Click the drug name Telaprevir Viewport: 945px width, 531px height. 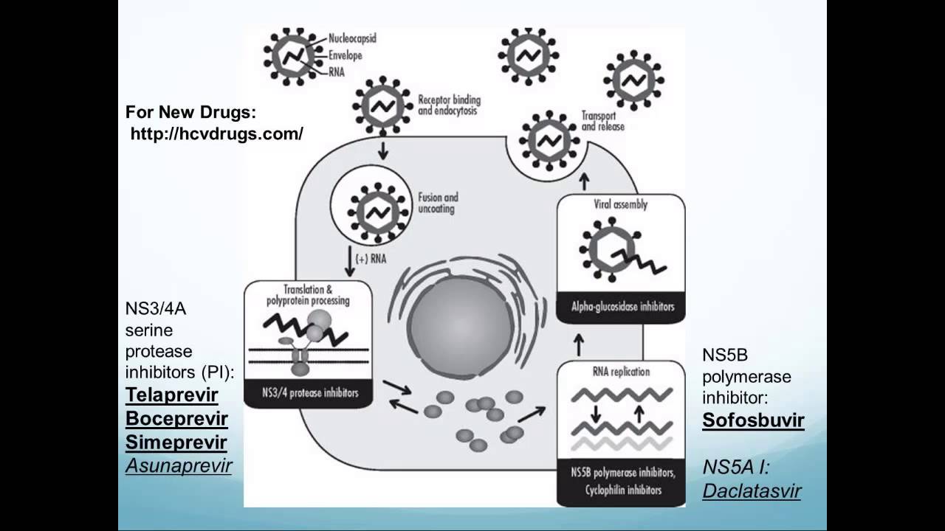coord(171,395)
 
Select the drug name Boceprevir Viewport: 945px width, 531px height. coord(176,419)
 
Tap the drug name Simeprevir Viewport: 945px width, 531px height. coord(176,442)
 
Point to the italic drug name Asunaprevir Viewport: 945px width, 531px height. coord(179,465)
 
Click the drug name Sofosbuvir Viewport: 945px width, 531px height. coord(753,420)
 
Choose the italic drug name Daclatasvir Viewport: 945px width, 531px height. coord(752,490)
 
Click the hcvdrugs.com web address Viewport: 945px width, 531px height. coord(216,134)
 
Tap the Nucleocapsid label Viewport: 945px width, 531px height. coord(351,38)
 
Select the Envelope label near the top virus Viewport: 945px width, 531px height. coord(346,55)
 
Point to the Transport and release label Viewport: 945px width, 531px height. coord(602,121)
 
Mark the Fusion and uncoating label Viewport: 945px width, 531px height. coord(437,203)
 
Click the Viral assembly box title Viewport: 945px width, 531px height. coord(621,204)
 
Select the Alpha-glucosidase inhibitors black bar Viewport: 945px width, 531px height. coord(621,307)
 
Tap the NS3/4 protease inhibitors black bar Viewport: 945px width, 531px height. coord(308,393)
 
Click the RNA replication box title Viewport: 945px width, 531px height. coord(621,372)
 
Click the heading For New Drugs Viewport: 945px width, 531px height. coord(190,113)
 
